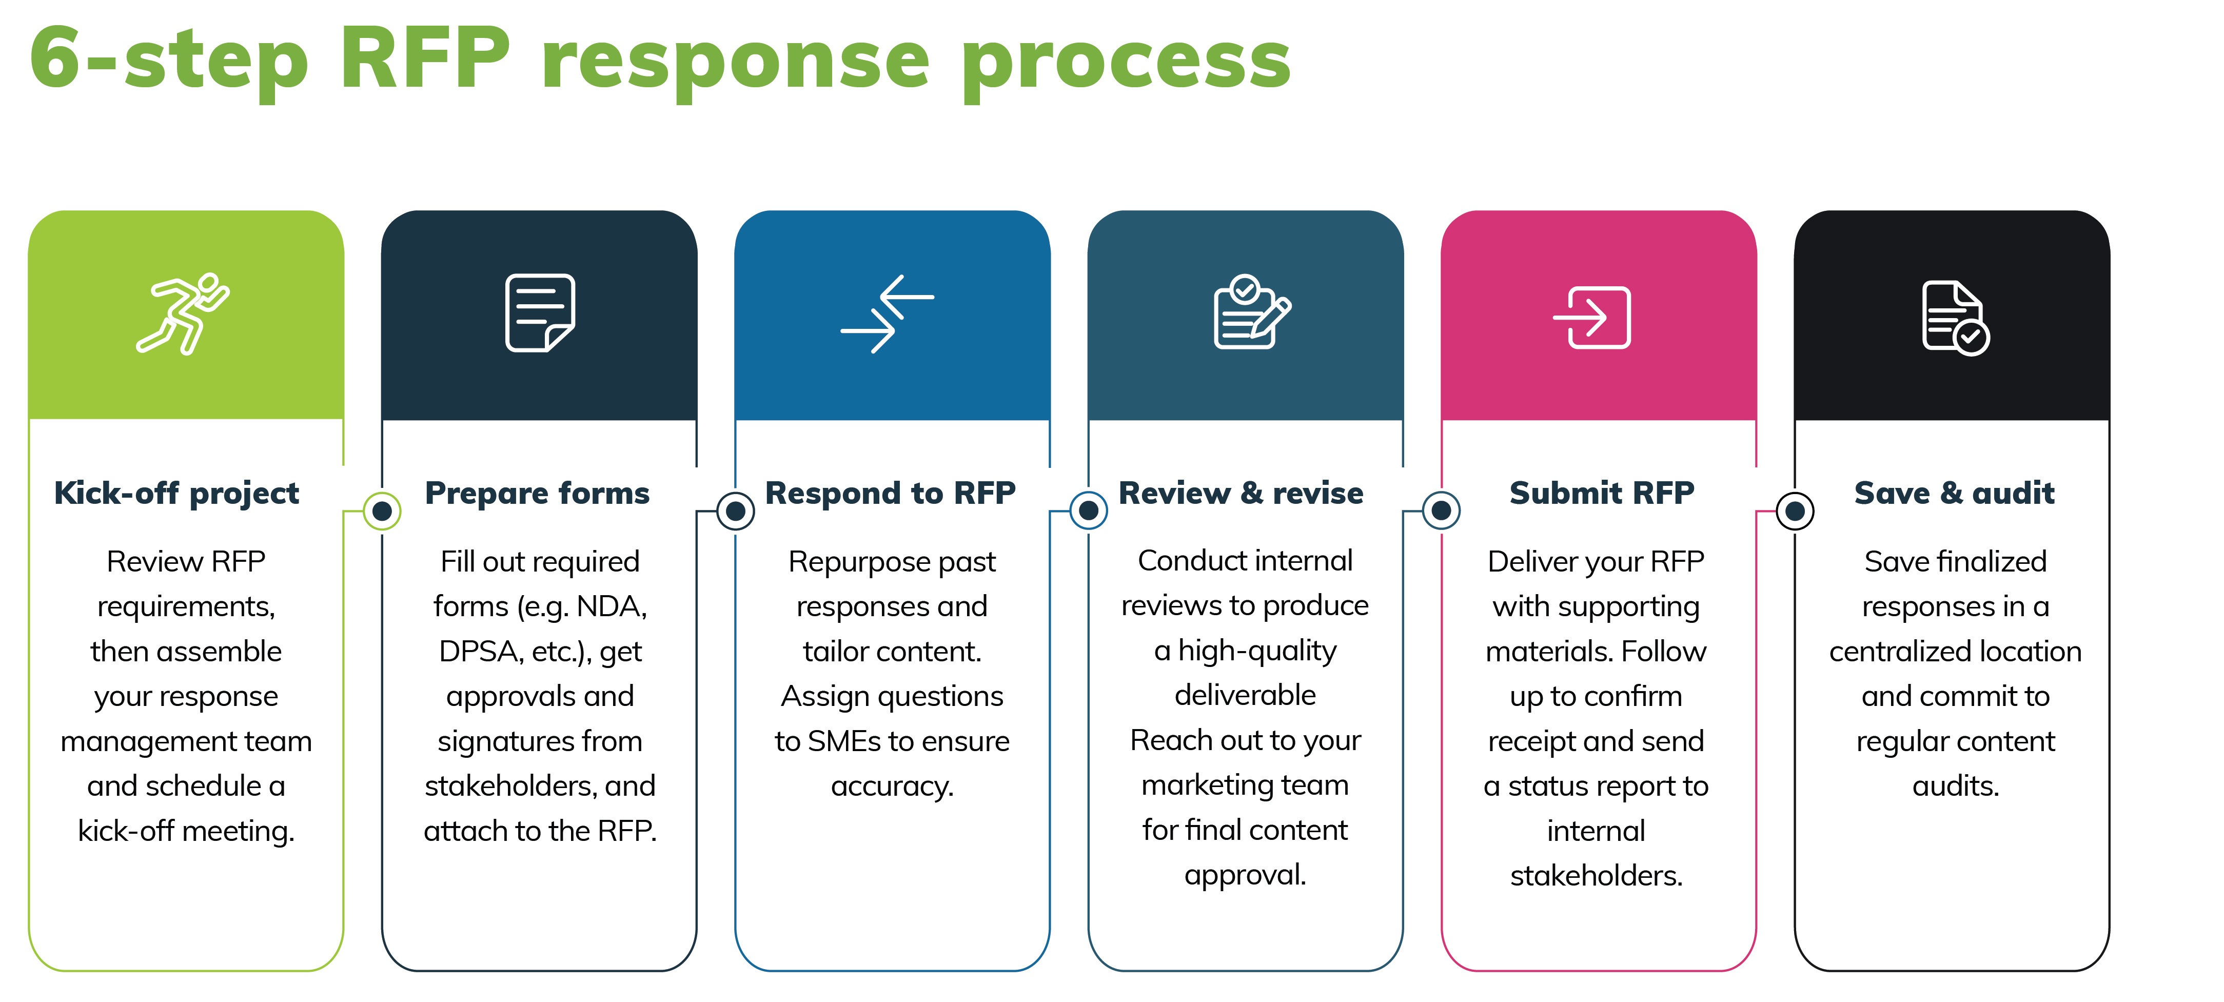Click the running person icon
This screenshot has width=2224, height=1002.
point(183,313)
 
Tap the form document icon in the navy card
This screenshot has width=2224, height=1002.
point(540,312)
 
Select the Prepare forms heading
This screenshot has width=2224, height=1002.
point(537,493)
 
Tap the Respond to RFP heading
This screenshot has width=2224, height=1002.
point(890,493)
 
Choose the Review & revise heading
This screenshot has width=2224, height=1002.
point(1241,493)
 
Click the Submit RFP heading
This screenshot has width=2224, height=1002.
point(1602,493)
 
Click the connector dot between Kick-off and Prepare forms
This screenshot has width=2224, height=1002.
point(382,511)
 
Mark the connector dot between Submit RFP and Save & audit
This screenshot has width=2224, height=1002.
point(1795,511)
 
